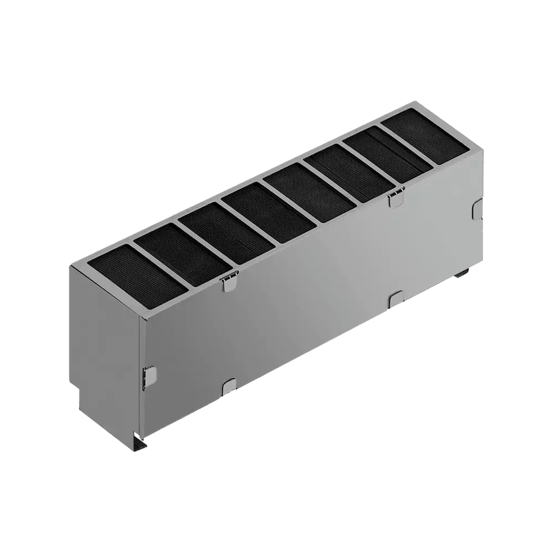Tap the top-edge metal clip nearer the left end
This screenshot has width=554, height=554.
[228, 283]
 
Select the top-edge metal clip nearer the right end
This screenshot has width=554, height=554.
[396, 197]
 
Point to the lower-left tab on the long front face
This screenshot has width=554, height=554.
[229, 386]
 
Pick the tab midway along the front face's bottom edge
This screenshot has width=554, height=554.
[396, 299]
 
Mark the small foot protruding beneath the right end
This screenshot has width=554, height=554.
[463, 274]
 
